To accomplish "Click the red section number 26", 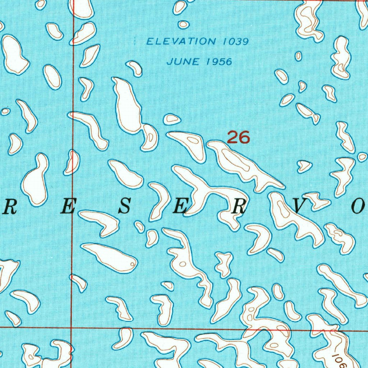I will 238,137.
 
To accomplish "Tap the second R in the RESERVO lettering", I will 240,207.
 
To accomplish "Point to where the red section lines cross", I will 72,327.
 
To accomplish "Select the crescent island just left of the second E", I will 158,201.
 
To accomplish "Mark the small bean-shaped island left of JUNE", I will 135,68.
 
